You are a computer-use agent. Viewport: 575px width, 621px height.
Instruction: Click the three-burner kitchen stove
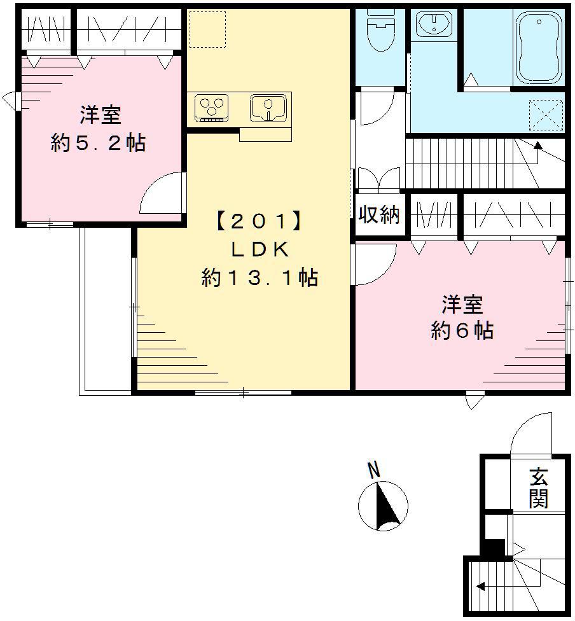pyautogui.click(x=211, y=107)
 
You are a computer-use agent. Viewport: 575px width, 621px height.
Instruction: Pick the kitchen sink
pyautogui.click(x=270, y=107)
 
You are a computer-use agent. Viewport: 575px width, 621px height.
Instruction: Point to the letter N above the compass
pyautogui.click(x=375, y=471)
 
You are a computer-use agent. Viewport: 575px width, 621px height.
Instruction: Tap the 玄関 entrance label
pyautogui.click(x=538, y=487)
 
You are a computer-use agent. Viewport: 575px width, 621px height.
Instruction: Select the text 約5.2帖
pyautogui.click(x=99, y=143)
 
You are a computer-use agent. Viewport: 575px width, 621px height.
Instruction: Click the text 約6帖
pyautogui.click(x=462, y=331)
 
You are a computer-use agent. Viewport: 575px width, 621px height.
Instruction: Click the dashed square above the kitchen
pyautogui.click(x=207, y=29)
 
